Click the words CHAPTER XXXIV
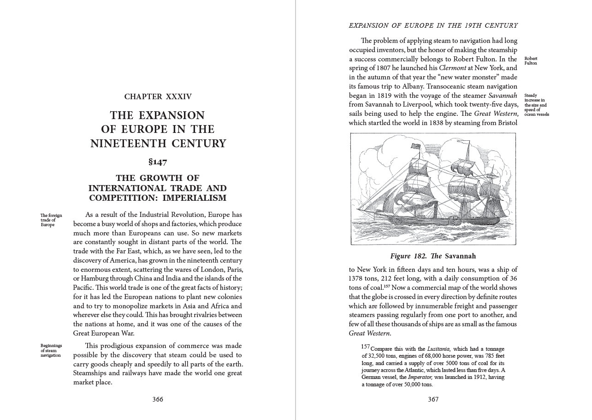click(158, 96)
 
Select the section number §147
click(158, 162)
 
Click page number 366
click(158, 399)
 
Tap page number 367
click(433, 399)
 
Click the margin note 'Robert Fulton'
click(531, 60)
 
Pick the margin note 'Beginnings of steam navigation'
click(51, 350)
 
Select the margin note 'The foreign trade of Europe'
click(51, 220)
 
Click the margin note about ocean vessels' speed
click(537, 105)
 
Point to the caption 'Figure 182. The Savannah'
click(433, 256)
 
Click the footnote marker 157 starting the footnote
click(366, 347)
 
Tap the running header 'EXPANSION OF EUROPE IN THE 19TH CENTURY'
click(433, 25)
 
